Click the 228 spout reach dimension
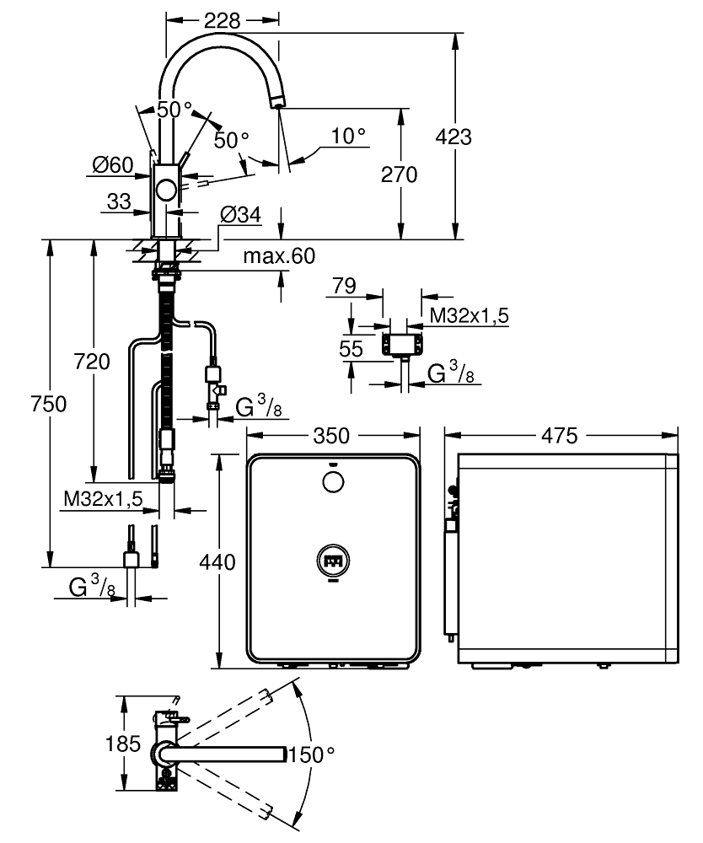pos(222,21)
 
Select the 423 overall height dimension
pos(453,137)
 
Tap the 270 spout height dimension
pos(399,175)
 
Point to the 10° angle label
pos(348,136)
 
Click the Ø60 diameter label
pos(112,164)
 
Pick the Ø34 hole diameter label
pos(240,215)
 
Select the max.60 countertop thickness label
pos(279,256)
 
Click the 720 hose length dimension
pos(92,362)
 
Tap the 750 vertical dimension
pos(48,404)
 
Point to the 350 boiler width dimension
pos(331,436)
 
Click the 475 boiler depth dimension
pos(560,436)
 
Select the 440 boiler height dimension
pos(217,562)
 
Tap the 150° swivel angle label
pos(311,754)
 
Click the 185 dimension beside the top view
pos(123,744)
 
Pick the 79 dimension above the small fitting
pos(344,286)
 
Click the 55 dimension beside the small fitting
pos(351,349)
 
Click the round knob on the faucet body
pos(166,191)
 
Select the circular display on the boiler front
pos(333,561)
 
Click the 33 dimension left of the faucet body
pos(119,201)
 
